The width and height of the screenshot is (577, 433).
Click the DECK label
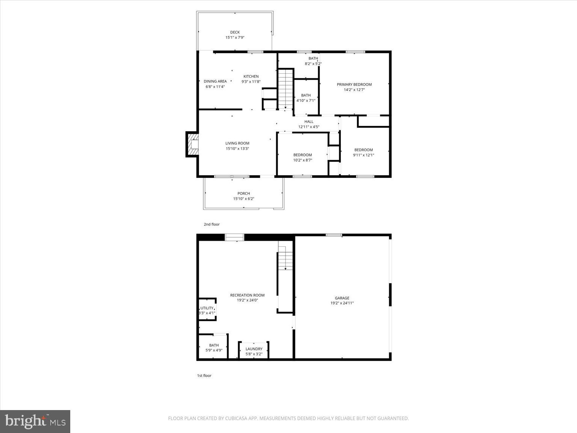point(235,32)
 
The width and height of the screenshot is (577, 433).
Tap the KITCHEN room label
point(251,76)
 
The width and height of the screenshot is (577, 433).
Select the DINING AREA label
point(215,81)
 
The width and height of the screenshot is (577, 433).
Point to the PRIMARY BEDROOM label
point(354,85)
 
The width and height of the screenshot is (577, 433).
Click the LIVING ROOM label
point(237,143)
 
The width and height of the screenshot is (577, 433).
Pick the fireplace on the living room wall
point(192,144)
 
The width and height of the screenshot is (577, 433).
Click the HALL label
point(309,121)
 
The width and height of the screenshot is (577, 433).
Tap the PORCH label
point(243,194)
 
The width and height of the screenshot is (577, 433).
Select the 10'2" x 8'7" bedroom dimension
point(302,160)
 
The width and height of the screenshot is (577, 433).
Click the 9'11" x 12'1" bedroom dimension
point(363,155)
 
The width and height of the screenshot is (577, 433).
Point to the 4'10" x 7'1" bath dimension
point(306,100)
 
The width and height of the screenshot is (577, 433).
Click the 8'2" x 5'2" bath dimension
point(313,64)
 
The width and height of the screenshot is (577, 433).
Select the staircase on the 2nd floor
point(285,89)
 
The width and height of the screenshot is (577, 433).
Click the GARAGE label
point(342,298)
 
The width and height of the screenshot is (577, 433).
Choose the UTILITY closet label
point(207,308)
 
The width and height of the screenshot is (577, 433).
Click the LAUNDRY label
point(254,349)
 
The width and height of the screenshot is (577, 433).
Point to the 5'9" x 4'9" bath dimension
point(214,350)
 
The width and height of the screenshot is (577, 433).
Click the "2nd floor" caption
point(211,224)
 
